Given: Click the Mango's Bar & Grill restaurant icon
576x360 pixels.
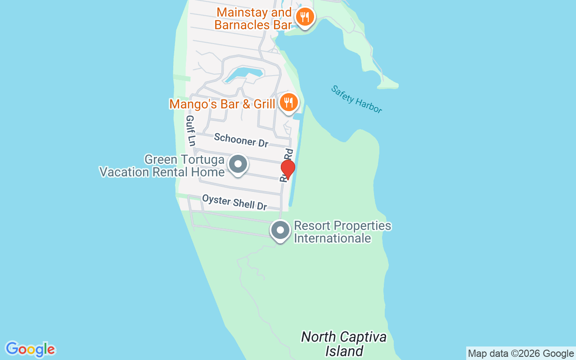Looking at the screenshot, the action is click(288, 103).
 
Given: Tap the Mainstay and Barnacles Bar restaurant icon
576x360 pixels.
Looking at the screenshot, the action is click(305, 18).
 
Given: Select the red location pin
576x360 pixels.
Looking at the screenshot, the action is click(288, 169).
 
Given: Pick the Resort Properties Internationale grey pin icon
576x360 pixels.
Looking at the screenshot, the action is click(280, 230).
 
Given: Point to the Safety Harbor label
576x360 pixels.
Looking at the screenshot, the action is click(356, 99).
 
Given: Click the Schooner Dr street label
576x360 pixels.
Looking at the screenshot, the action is click(241, 140).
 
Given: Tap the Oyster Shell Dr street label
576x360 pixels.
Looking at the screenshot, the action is click(234, 202).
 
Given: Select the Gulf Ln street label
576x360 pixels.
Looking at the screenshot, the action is click(191, 130).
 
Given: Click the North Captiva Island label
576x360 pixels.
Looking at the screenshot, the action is click(344, 344).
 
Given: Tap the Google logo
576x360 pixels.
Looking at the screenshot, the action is click(30, 349).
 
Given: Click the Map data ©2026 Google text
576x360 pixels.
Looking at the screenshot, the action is click(521, 354).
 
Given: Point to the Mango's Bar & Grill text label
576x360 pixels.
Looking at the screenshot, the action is click(222, 104).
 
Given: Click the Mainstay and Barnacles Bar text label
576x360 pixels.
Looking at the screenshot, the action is click(253, 18).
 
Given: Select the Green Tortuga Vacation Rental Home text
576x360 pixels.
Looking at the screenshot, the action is click(162, 166).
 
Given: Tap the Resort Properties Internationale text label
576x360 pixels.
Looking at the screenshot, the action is click(342, 232).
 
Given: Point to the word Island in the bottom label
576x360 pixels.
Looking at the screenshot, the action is click(344, 351).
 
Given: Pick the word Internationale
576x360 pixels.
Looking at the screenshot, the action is click(333, 238).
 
